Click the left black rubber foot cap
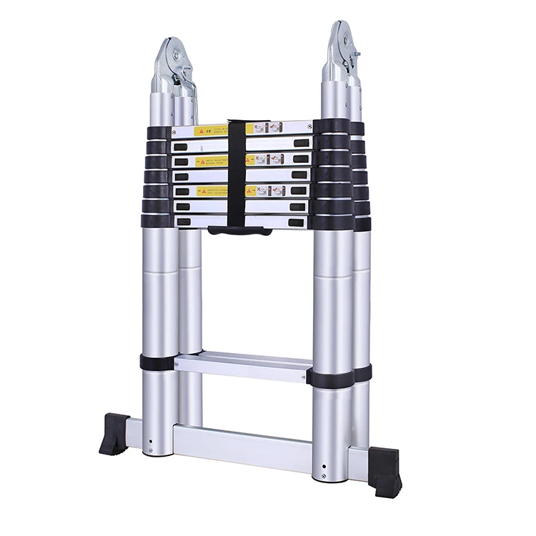(x=115, y=433)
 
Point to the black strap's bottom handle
(x=239, y=231)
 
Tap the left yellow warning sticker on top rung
(x=210, y=131)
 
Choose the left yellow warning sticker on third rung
(x=210, y=162)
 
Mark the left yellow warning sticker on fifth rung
(x=210, y=192)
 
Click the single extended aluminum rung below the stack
(x=243, y=366)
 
